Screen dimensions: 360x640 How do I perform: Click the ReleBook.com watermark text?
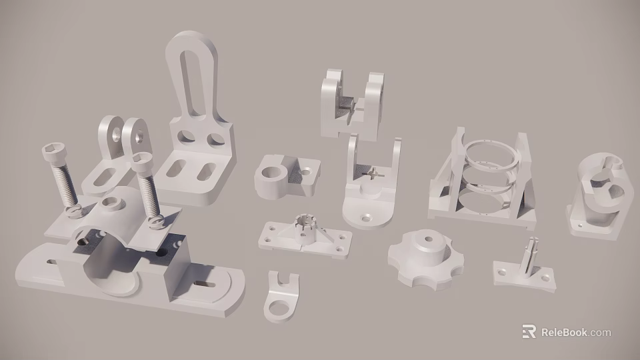[x=575, y=332]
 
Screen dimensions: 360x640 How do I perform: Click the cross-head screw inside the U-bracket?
[x=372, y=174]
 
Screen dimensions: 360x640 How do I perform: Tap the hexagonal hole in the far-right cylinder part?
[x=612, y=194]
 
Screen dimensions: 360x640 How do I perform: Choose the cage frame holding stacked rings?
[x=485, y=178]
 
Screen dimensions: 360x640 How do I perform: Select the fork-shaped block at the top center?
[x=351, y=103]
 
